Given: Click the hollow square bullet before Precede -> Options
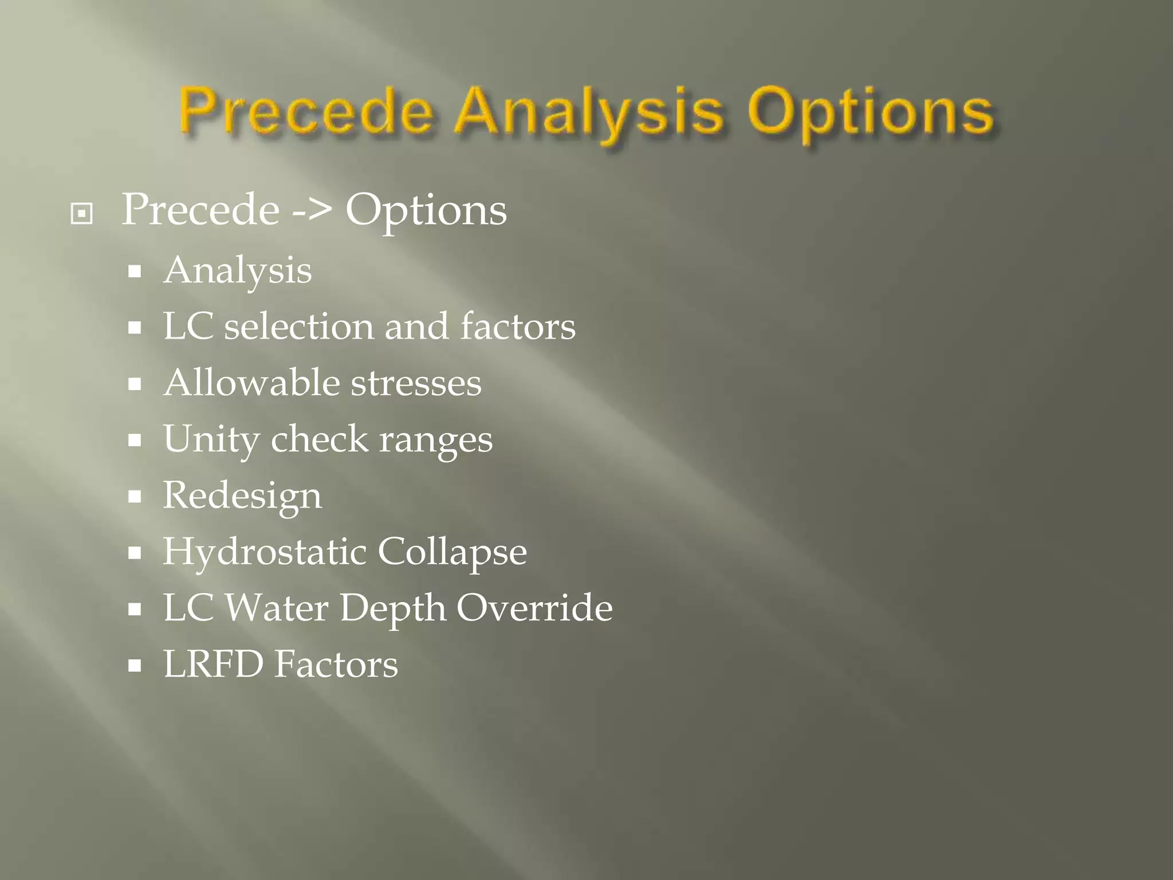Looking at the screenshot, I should point(81,214).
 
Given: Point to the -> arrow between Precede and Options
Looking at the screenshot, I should point(312,211).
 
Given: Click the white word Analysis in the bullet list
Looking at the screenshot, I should point(238,271).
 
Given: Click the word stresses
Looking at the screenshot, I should point(416,383).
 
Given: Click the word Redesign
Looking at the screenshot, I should point(242,496).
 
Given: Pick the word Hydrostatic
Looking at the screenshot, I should point(265,552).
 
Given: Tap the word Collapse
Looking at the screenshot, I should point(452,552).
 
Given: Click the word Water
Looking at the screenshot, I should point(277,607).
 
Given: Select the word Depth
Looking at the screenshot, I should point(393,608).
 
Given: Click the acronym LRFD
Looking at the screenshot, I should point(214,664).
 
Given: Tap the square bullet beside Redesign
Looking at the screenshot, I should point(135,497).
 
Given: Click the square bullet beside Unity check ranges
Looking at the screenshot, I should point(135,441).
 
